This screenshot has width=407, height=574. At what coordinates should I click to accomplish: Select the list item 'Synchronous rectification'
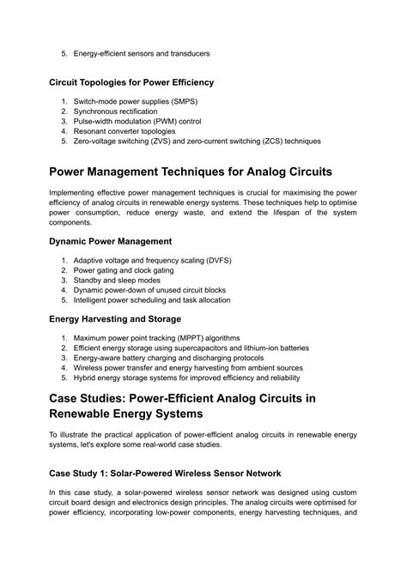(115, 112)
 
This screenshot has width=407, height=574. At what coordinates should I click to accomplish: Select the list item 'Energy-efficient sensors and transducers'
(142, 53)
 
